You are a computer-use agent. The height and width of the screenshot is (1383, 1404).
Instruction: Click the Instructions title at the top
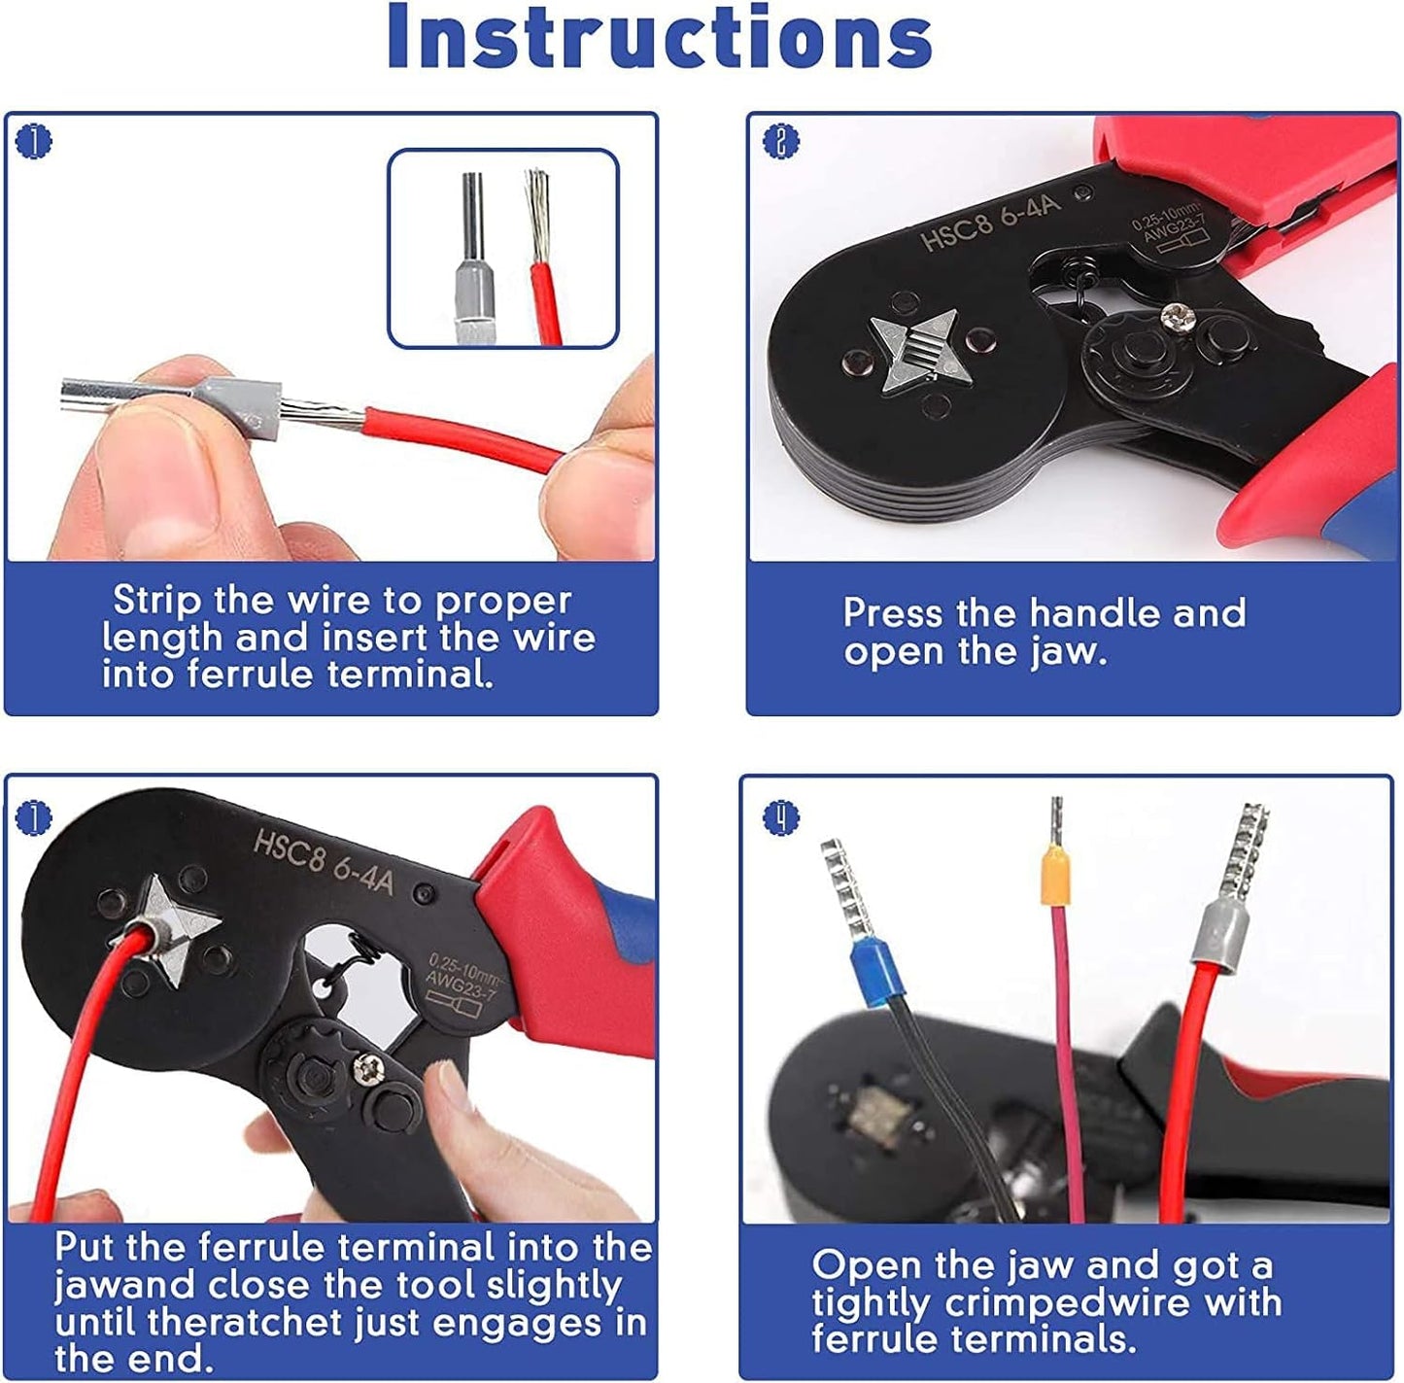click(x=660, y=37)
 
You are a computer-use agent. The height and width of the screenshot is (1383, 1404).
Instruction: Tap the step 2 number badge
click(x=780, y=141)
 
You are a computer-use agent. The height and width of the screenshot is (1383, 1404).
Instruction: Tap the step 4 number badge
click(x=780, y=816)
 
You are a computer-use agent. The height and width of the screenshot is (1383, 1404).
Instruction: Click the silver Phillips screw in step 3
click(x=365, y=1069)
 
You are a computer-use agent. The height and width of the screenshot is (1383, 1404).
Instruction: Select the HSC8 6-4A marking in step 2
click(x=992, y=218)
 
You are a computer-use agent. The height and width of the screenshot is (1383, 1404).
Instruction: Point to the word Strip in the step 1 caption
click(x=157, y=601)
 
